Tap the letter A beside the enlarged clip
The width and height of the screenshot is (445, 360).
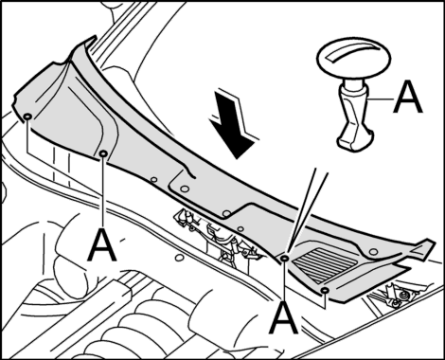pyautogui.click(x=408, y=97)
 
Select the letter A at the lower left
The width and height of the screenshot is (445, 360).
pyautogui.click(x=102, y=244)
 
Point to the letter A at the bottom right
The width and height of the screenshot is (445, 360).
pyautogui.click(x=283, y=317)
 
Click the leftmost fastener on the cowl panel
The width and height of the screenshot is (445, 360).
pyautogui.click(x=27, y=117)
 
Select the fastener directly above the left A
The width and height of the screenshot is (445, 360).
pyautogui.click(x=103, y=153)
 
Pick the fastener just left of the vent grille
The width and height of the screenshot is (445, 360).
pyautogui.click(x=284, y=258)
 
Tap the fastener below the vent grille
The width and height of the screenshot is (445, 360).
pyautogui.click(x=325, y=290)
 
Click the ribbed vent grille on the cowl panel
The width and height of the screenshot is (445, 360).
pyautogui.click(x=324, y=264)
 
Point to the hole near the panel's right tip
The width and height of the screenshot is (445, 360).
pyautogui.click(x=373, y=252)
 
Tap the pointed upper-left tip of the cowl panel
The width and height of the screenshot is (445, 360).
pyautogui.click(x=95, y=36)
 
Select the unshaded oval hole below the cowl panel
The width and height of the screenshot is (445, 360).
pyautogui.click(x=179, y=258)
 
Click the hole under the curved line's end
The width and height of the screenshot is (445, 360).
pyautogui.click(x=185, y=189)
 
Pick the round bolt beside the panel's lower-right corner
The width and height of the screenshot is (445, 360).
pyautogui.click(x=403, y=296)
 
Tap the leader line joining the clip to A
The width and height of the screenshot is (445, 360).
pyautogui.click(x=380, y=99)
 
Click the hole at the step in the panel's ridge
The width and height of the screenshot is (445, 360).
pyautogui.click(x=226, y=214)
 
